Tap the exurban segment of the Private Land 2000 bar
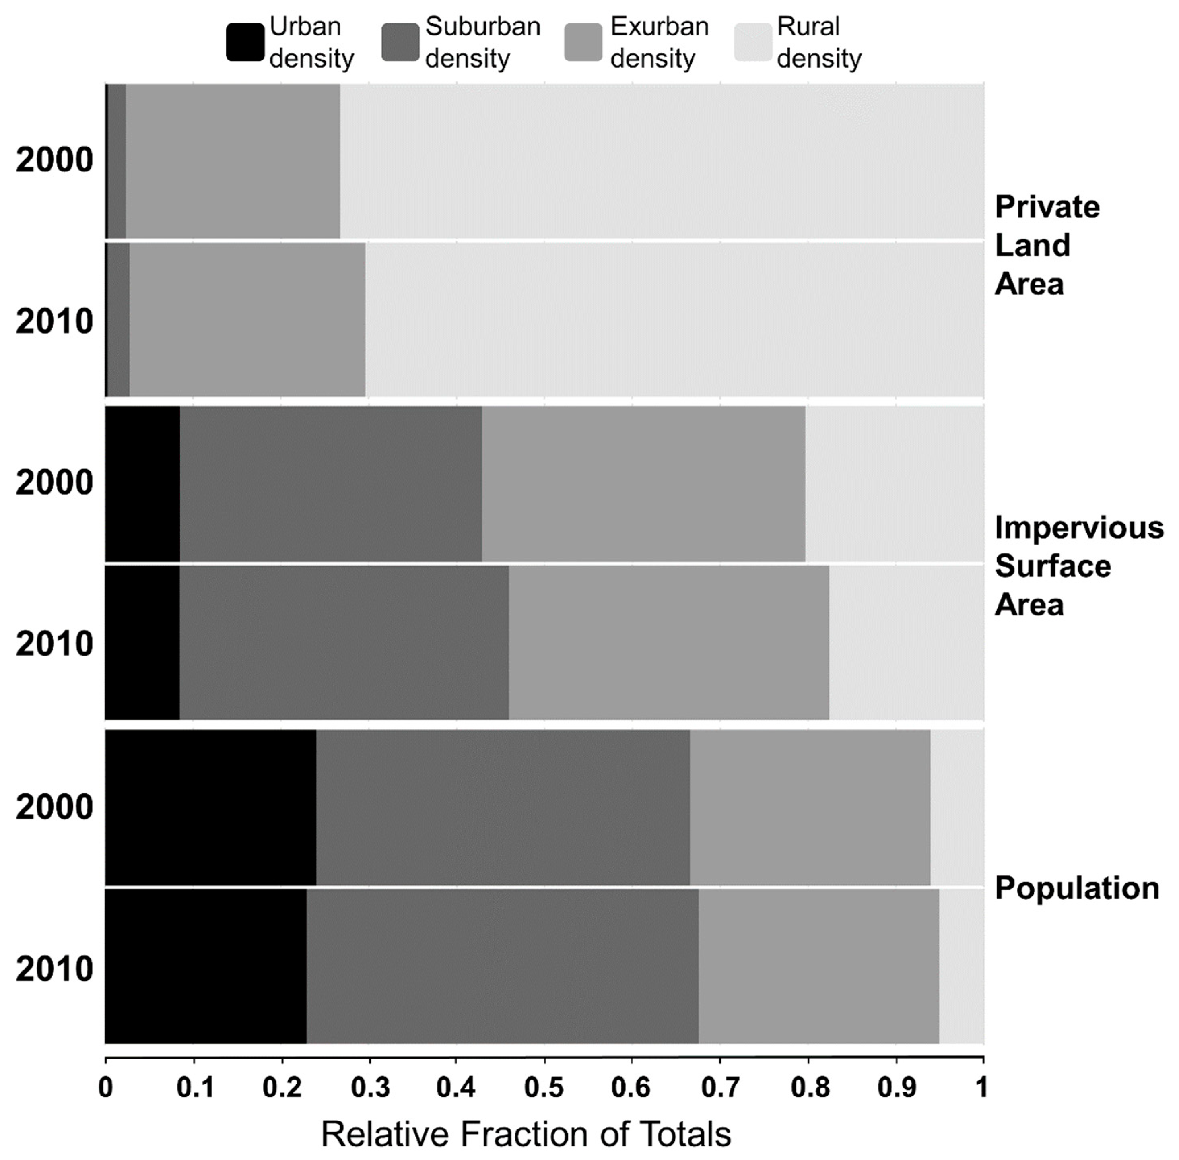point(233,161)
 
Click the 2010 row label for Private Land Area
point(54,321)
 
